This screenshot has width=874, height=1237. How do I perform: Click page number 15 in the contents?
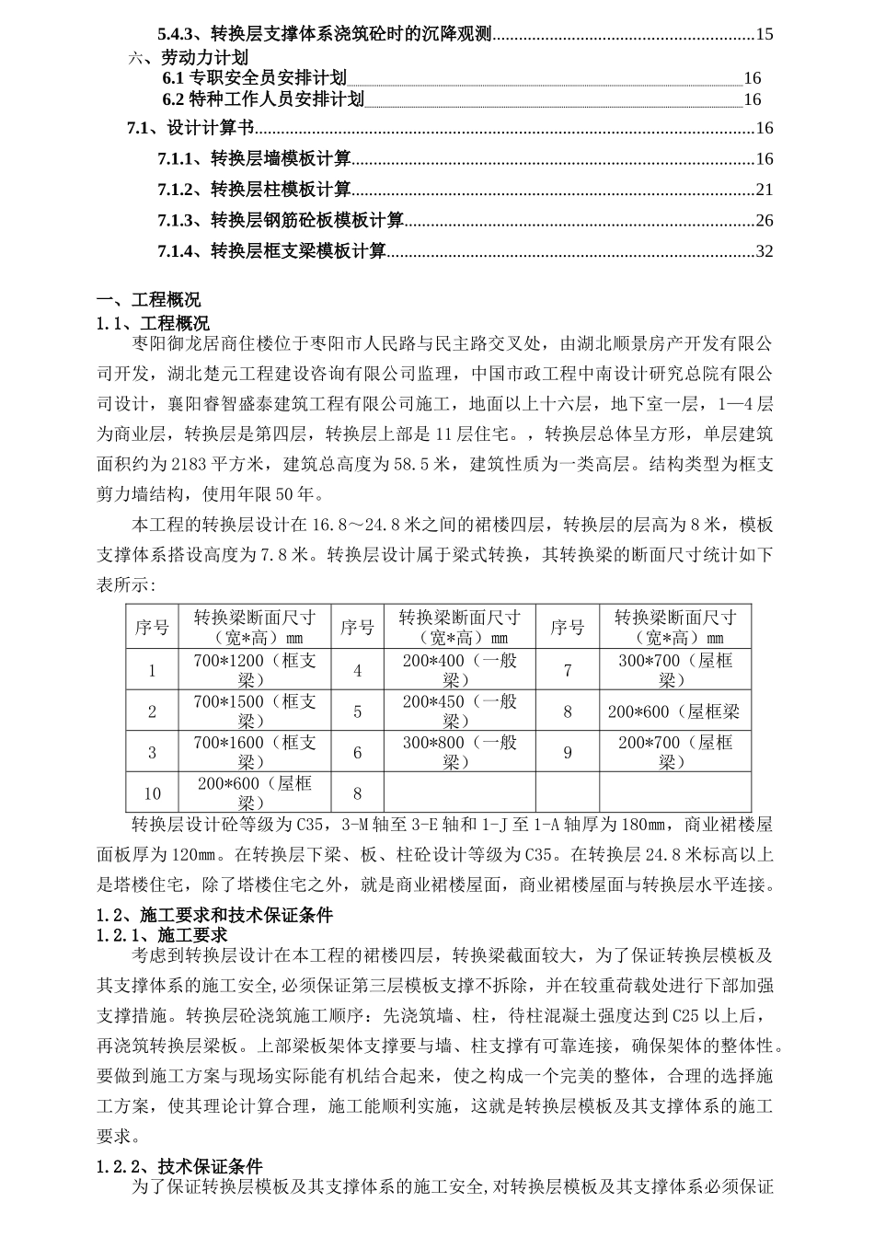tap(764, 35)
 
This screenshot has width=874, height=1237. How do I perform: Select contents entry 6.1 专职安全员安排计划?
tap(255, 78)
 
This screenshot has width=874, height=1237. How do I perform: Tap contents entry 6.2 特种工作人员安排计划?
tap(264, 99)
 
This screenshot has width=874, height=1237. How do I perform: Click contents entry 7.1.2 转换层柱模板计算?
tap(254, 190)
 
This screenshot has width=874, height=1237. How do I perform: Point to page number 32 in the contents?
tap(764, 250)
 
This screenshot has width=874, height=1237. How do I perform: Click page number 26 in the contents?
tap(764, 220)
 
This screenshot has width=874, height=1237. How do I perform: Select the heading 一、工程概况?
tap(149, 300)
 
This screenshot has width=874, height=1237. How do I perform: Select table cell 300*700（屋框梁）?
tap(675, 670)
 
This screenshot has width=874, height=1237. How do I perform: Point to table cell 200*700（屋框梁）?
tap(675, 752)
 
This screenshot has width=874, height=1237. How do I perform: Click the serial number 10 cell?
tap(152, 792)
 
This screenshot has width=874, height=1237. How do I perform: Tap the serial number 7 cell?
tap(567, 670)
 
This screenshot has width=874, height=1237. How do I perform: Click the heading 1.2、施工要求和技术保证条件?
tap(215, 916)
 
